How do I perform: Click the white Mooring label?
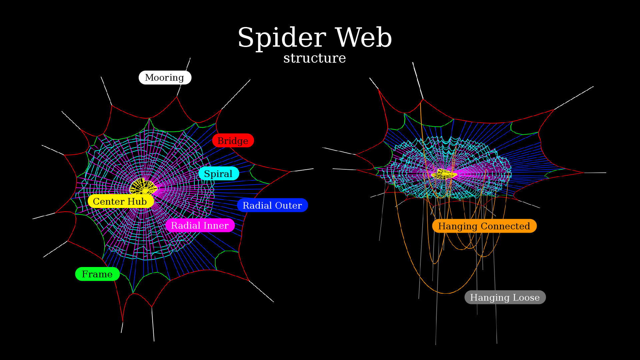coord(165,78)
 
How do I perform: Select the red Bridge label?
coord(233,141)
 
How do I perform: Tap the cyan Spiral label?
coord(218,174)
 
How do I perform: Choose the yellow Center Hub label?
coord(120,202)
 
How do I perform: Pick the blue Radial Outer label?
coord(272,205)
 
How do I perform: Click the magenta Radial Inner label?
coord(200,226)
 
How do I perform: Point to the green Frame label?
coord(97,274)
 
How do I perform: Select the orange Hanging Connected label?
coord(484,226)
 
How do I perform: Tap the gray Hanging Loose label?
coord(505,298)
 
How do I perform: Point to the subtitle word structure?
coord(314,58)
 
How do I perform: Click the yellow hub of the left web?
coord(143,187)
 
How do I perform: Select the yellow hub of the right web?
coord(444,174)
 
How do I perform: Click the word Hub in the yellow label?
coord(137,202)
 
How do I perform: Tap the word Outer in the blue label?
coord(288,206)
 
